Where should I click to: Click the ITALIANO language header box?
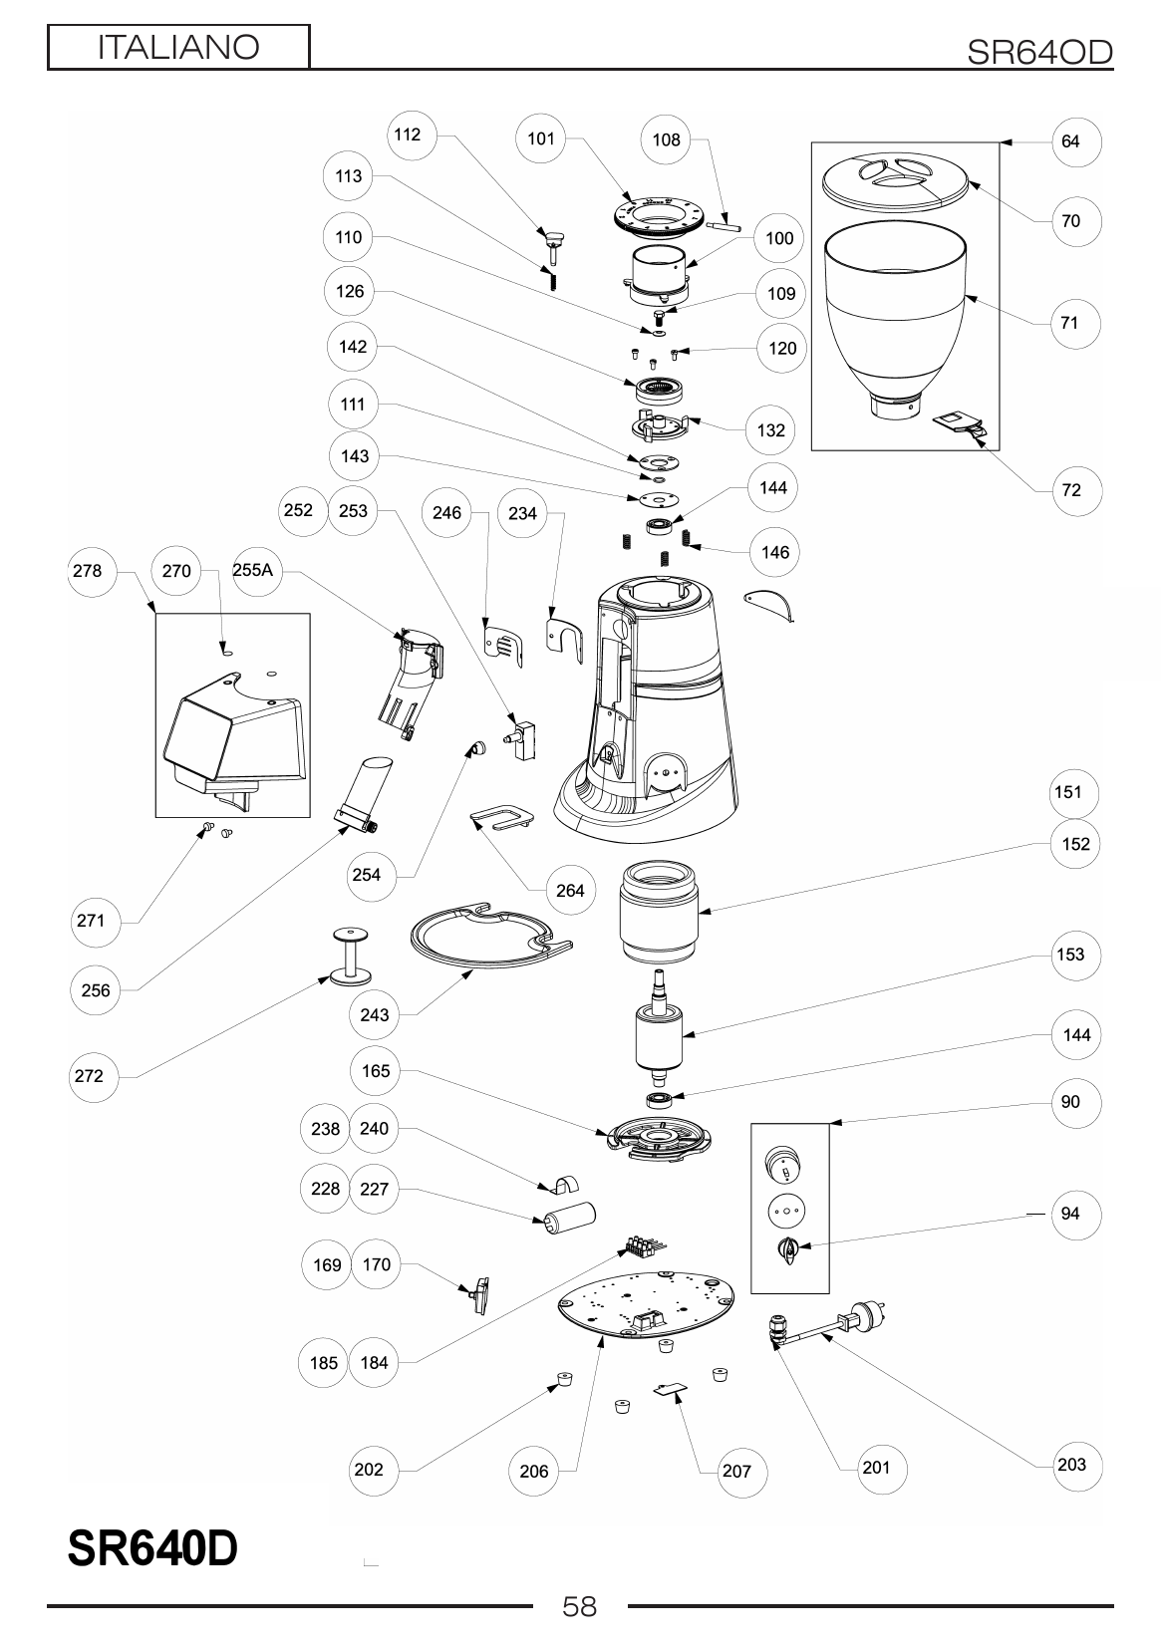tap(178, 47)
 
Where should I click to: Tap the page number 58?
tap(579, 1605)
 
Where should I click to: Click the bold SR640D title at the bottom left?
tap(152, 1548)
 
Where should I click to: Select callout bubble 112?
tap(408, 135)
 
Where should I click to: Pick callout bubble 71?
tap(1069, 323)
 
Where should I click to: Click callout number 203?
tap(1071, 1464)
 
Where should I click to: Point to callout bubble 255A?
tap(253, 571)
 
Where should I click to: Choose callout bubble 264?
tap(570, 890)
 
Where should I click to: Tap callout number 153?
tap(1069, 954)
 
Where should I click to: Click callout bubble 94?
tap(1069, 1214)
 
